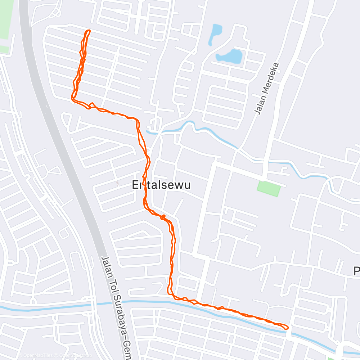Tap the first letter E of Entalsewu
pyautogui.click(x=135, y=185)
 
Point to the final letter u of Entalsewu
pyautogui.click(x=186, y=185)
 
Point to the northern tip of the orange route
pyautogui.click(x=87, y=31)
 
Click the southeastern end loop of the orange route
pyautogui.click(x=284, y=327)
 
